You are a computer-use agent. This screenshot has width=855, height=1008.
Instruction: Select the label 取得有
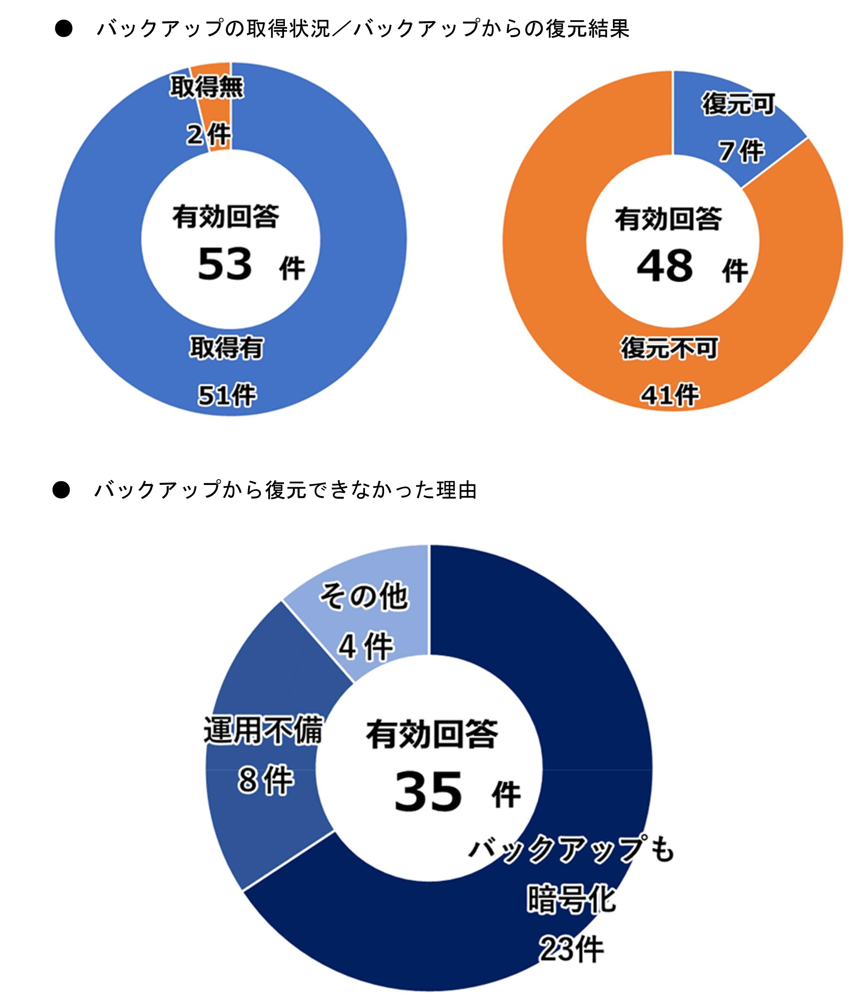coord(226,348)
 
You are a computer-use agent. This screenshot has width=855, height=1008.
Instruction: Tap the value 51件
coord(227,395)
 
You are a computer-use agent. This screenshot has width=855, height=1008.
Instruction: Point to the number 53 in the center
coord(225,264)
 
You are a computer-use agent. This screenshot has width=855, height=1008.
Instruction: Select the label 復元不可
coord(669,348)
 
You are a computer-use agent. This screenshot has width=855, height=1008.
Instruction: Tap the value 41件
coord(670,395)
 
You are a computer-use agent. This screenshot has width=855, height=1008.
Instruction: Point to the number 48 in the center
coord(665,266)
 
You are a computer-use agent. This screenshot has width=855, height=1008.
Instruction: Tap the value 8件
coord(266,780)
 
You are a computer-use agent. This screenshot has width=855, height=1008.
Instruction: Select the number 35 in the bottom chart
coord(429,792)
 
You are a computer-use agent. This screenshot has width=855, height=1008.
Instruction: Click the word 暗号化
coord(571,899)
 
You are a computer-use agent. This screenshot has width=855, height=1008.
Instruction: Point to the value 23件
coord(572,949)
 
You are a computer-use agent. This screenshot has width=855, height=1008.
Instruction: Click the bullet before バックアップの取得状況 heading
coord(63,29)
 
